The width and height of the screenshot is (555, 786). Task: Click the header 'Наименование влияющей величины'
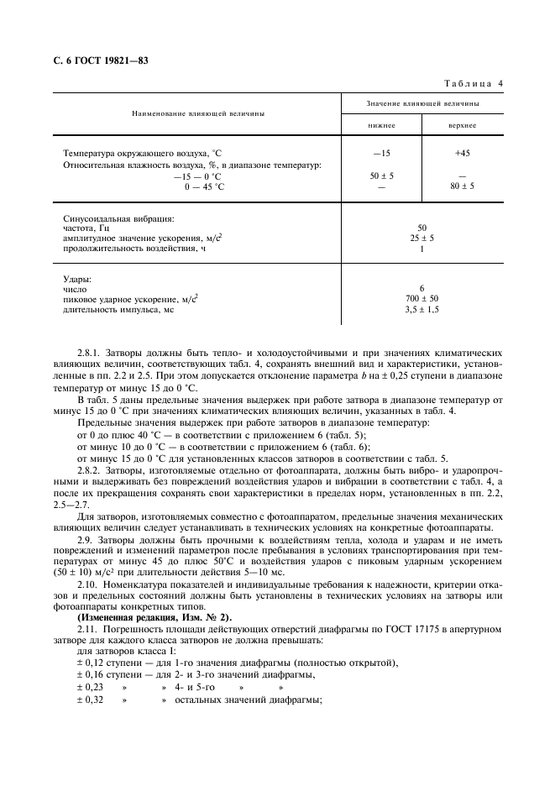(x=192, y=113)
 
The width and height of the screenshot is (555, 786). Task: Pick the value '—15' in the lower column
(x=381, y=154)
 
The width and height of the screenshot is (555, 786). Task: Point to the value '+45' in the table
(x=462, y=154)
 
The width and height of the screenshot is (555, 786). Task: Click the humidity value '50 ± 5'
(x=381, y=176)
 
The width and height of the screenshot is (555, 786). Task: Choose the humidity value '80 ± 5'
(x=462, y=186)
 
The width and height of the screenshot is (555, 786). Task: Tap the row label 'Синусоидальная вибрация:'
(x=118, y=218)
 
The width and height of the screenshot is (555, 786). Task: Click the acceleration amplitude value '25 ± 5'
(x=421, y=238)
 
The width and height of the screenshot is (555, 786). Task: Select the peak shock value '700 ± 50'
(x=421, y=299)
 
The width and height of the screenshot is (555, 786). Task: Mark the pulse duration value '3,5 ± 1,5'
(x=421, y=310)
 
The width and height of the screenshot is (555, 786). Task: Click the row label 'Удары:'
(x=78, y=278)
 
